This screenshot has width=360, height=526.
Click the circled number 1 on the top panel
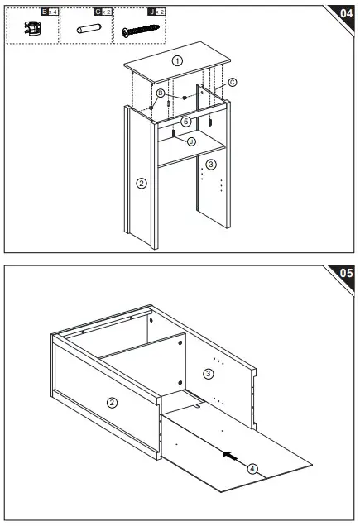click(176, 61)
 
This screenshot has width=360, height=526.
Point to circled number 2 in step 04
click(142, 183)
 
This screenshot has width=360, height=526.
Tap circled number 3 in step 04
click(211, 165)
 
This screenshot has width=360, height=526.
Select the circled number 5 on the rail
click(186, 121)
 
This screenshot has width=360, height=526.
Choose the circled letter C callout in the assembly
click(233, 82)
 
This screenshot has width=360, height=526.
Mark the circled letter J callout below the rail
click(191, 141)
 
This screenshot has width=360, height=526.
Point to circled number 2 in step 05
click(112, 402)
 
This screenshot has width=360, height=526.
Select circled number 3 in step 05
click(209, 374)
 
